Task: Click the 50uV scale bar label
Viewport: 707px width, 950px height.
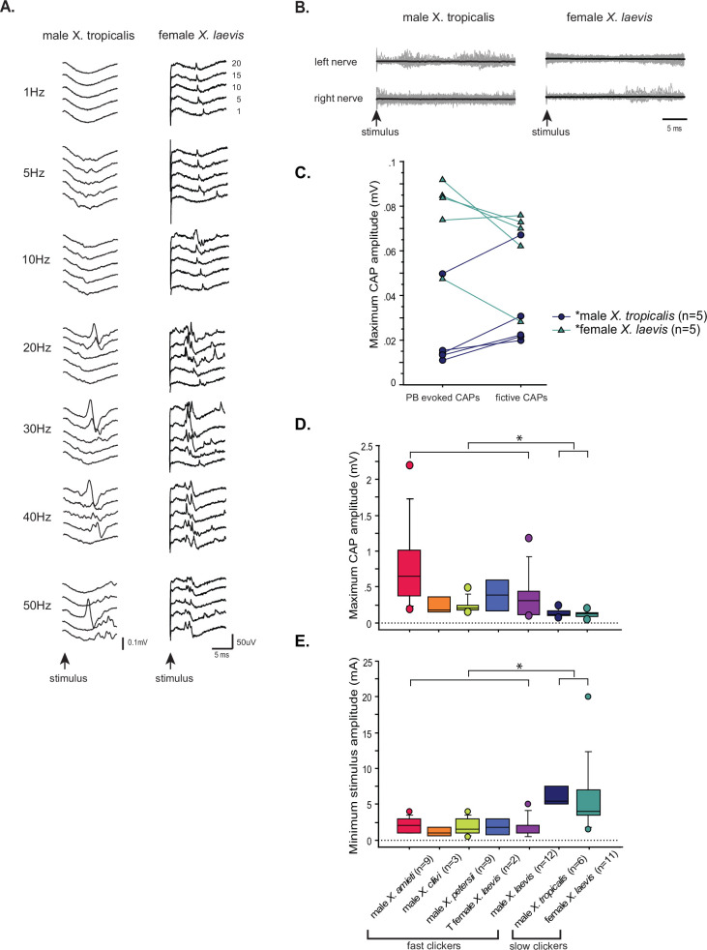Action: coord(249,640)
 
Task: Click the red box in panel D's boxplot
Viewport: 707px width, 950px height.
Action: coord(410,578)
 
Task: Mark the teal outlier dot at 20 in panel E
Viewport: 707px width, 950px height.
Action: coord(587,697)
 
